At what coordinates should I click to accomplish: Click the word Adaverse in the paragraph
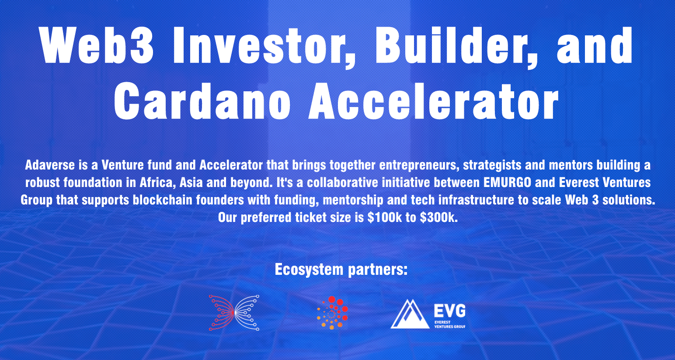50,165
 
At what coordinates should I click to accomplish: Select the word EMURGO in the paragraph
507,182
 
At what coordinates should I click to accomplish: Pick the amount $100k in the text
385,217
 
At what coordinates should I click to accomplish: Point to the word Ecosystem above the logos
309,270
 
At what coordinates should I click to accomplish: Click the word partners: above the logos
378,270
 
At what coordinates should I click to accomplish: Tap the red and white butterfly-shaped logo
234,313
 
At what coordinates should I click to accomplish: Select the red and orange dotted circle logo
332,313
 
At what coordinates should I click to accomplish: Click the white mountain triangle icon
410,314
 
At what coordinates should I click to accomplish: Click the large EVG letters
449,311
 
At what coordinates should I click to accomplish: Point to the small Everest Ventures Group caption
449,325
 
